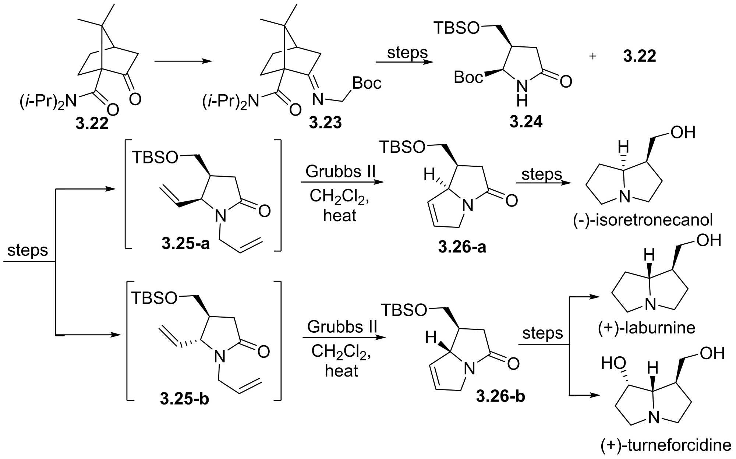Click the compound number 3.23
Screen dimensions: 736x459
[325, 123]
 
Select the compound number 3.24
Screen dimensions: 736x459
[526, 122]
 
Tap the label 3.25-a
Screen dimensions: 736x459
[185, 243]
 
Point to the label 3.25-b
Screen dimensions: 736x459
[184, 399]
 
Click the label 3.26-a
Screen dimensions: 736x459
[462, 247]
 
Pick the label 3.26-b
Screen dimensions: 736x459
[500, 396]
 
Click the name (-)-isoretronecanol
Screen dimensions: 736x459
[643, 220]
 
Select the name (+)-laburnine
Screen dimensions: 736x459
[646, 328]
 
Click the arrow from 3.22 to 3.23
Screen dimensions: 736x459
[183, 61]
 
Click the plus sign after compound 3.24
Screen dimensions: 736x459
[592, 57]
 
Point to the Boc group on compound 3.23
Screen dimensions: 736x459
[367, 83]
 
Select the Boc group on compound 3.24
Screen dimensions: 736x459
[468, 77]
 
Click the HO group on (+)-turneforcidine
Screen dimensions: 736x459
[613, 363]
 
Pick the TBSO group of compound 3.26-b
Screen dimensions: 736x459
[404, 310]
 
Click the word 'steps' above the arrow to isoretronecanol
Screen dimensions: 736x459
[542, 174]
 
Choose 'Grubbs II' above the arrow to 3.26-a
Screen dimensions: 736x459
[340, 172]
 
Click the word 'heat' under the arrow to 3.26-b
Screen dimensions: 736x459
[341, 371]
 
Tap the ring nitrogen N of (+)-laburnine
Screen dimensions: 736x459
[651, 305]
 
